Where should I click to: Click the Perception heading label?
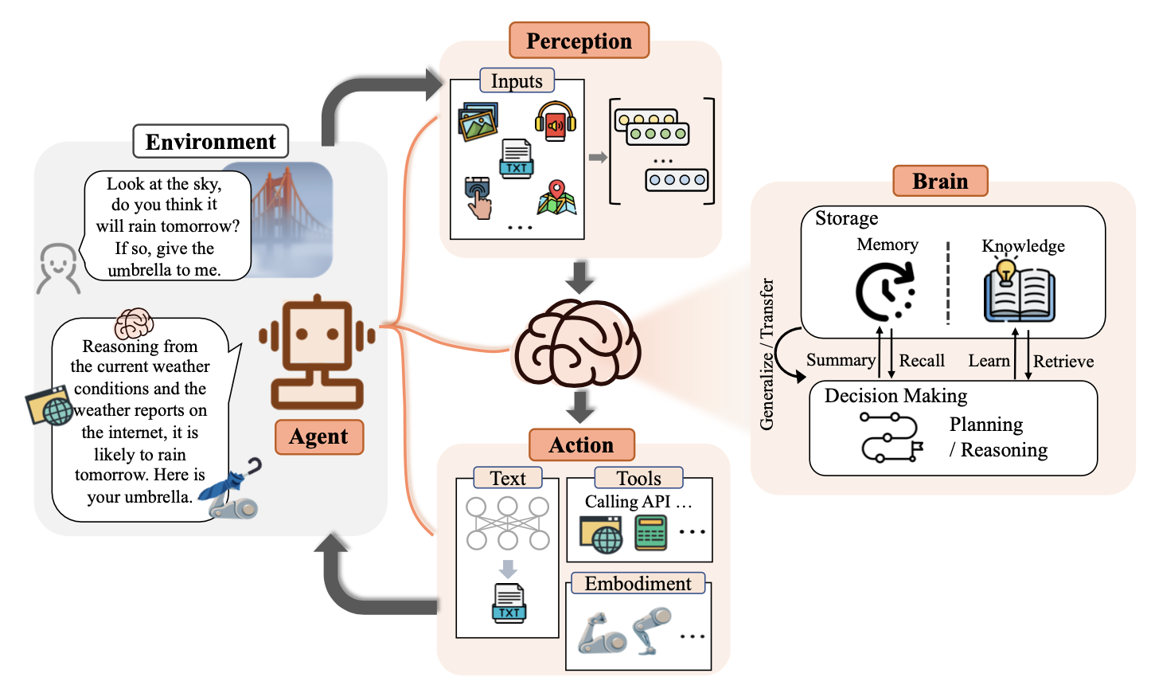(579, 41)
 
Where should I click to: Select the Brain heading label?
(939, 181)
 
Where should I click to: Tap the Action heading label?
(581, 444)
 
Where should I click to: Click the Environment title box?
(210, 142)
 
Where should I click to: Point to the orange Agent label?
(318, 437)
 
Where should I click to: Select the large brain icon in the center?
(577, 343)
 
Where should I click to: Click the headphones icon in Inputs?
(555, 122)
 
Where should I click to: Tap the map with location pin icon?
(556, 198)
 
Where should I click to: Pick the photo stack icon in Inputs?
(478, 122)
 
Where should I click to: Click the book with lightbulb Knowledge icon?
(1019, 292)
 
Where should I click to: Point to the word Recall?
(922, 361)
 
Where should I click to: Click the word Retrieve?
(1063, 362)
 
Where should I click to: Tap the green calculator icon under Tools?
(650, 533)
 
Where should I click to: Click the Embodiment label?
(638, 584)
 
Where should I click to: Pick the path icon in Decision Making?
(891, 437)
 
